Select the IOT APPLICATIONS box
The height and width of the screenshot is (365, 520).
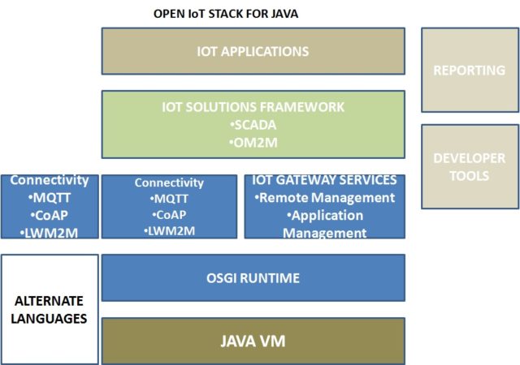click(x=253, y=51)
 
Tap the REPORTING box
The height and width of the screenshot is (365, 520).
click(x=469, y=70)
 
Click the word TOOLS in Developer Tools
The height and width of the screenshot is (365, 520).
click(x=470, y=174)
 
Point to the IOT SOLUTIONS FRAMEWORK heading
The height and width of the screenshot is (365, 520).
click(x=253, y=107)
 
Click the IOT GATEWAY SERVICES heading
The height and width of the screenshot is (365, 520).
click(x=324, y=180)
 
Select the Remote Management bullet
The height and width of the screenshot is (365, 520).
click(x=324, y=197)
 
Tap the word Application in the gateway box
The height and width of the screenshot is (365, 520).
click(x=327, y=216)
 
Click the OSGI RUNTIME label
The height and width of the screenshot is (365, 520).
click(x=253, y=278)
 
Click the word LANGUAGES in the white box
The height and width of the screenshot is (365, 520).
click(x=50, y=319)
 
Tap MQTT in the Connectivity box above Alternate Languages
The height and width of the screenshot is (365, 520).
click(x=50, y=198)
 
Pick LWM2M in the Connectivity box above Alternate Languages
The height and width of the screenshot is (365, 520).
click(x=50, y=232)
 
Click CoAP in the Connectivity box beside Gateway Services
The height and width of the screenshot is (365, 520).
click(x=169, y=215)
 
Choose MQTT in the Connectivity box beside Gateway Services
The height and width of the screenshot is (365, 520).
click(x=169, y=199)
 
